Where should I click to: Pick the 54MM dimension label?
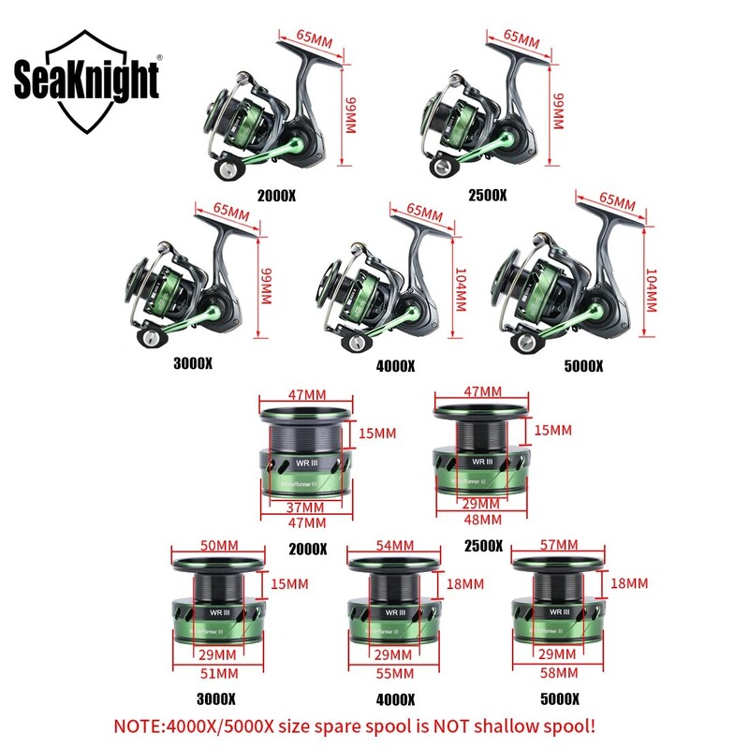click(393, 545)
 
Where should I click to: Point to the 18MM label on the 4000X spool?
click(466, 583)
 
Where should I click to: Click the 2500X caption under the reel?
click(488, 196)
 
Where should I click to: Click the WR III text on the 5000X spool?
click(561, 611)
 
